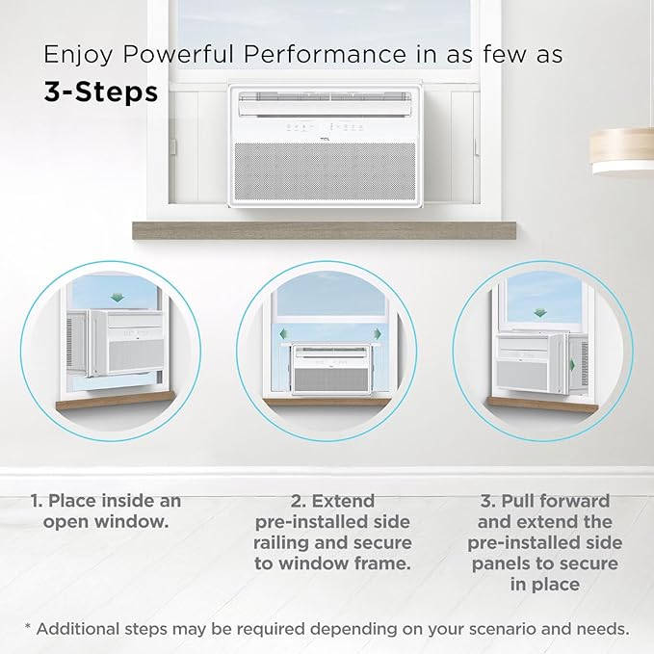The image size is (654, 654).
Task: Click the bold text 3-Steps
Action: click(101, 92)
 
